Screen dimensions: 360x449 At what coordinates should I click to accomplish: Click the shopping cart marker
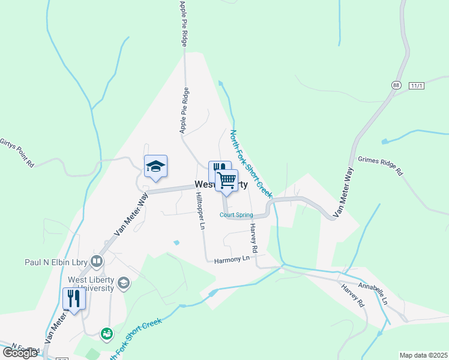coord(226,180)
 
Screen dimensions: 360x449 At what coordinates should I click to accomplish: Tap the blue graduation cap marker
coord(155,166)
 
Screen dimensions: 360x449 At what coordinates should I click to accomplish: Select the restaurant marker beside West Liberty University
coord(74,298)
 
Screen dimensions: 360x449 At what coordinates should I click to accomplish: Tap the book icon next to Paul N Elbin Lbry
coord(96,262)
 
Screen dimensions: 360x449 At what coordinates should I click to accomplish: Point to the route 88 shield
coord(396,86)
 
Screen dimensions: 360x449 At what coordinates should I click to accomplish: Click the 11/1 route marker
coord(417,86)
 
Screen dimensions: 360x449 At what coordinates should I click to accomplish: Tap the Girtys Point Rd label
coord(16,152)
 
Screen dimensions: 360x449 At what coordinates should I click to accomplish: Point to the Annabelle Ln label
coord(372,293)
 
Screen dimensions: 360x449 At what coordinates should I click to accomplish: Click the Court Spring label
coord(236,215)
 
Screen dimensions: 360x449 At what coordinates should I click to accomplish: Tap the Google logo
coord(20,353)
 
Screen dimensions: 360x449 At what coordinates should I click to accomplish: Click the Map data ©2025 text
coord(423,355)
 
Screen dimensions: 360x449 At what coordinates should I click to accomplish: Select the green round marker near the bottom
coord(107,333)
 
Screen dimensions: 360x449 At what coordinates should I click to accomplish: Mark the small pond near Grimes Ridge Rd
coord(384,142)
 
